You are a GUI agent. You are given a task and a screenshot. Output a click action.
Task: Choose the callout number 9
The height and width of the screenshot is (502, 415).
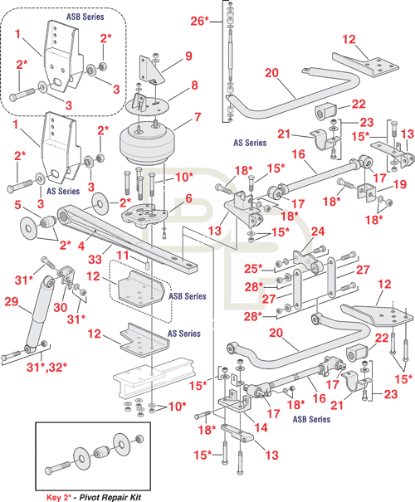[x=189, y=56]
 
